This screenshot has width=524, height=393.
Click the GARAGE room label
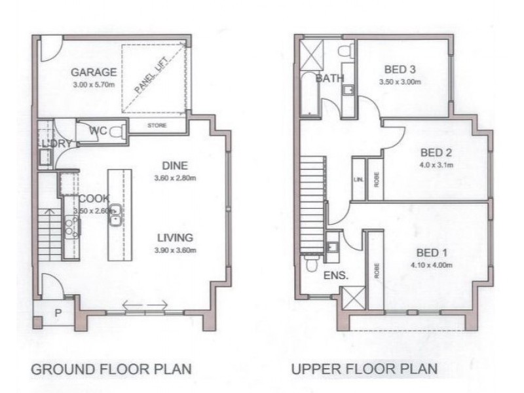pos(94,72)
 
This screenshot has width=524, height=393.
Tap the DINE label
pos(175,165)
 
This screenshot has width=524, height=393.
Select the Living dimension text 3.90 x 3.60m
pos(175,250)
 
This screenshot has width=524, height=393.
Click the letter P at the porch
pos(58,313)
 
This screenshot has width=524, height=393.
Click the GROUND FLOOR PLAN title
pos(111,369)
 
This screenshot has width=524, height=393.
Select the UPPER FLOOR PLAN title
pos(364,369)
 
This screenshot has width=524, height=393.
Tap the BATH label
pos(329,79)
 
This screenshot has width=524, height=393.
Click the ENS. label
pos(336,276)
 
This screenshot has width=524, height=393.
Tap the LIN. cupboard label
pos(359,178)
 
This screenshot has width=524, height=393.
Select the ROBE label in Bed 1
pos(376,271)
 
